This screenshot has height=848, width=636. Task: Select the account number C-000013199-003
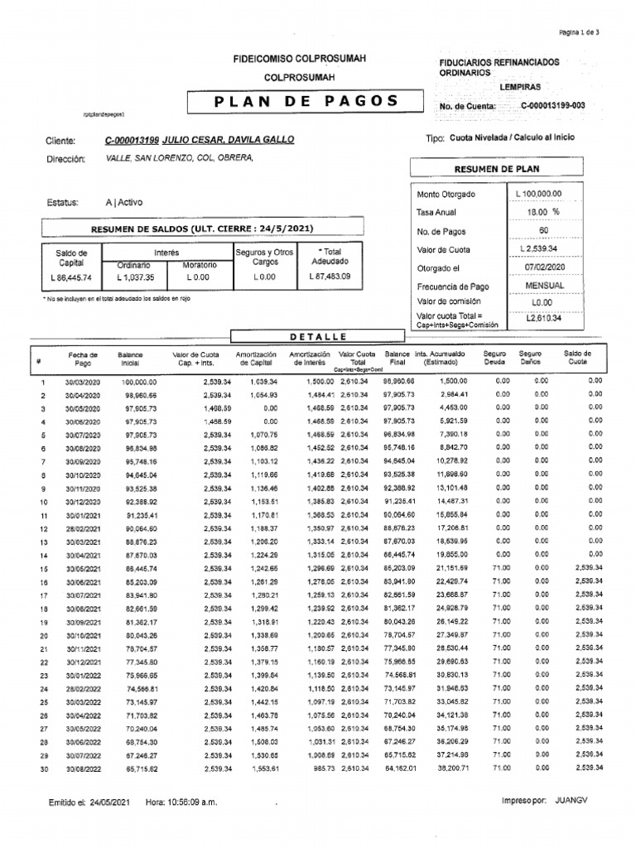pyautogui.click(x=553, y=106)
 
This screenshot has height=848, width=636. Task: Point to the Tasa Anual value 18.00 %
pyautogui.click(x=544, y=212)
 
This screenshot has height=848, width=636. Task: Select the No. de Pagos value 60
pyautogui.click(x=543, y=231)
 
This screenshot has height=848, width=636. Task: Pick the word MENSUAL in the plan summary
pyautogui.click(x=544, y=286)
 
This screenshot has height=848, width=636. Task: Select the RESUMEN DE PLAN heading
pyautogui.click(x=497, y=169)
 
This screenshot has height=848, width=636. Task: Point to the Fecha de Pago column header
pyautogui.click(x=83, y=359)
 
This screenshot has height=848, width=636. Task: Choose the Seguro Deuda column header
pyautogui.click(x=494, y=358)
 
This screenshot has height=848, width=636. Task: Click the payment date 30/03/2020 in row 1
pyautogui.click(x=83, y=382)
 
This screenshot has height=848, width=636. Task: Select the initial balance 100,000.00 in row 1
pyautogui.click(x=139, y=382)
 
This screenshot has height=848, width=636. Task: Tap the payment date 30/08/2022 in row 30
pyautogui.click(x=83, y=768)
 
